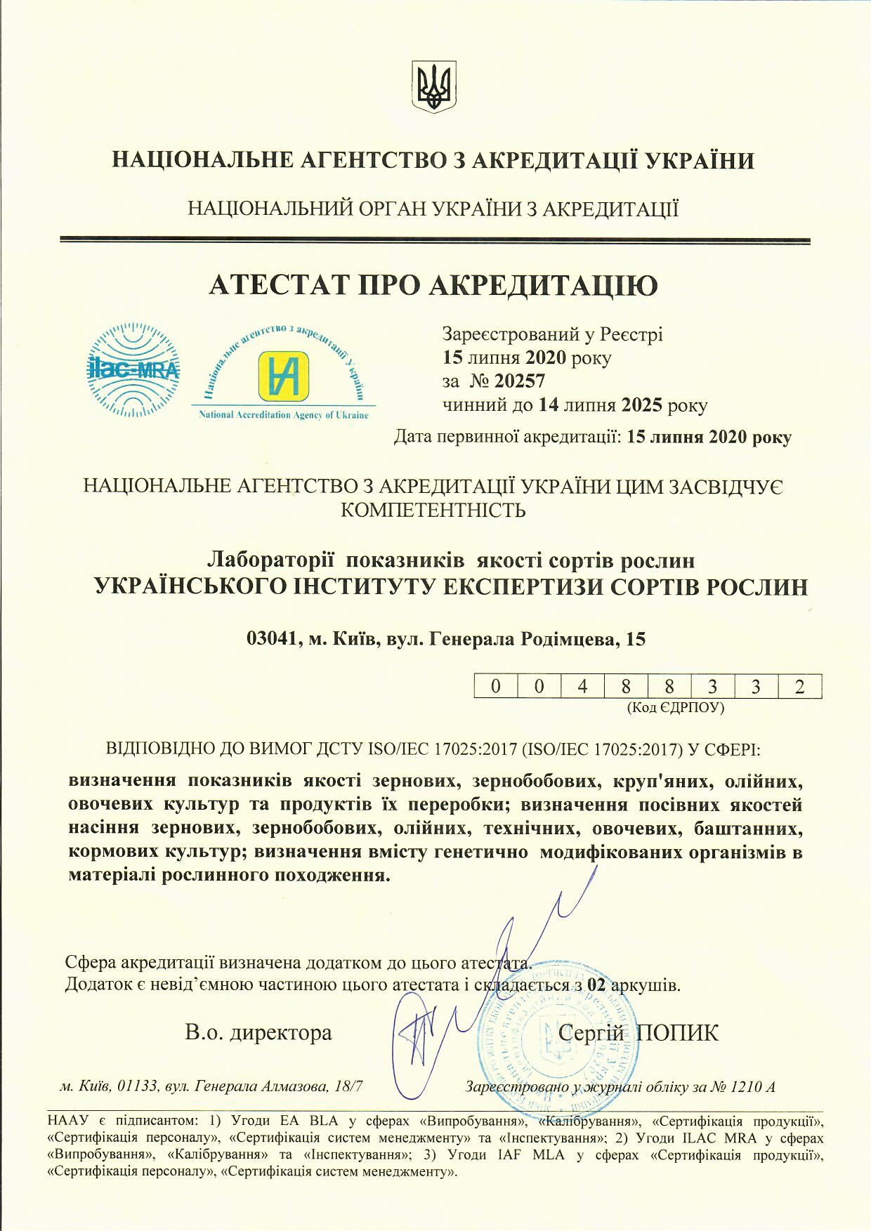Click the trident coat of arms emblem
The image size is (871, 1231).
435,86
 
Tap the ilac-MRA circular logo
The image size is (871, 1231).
133,370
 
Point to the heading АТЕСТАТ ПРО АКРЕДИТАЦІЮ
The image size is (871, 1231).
434,285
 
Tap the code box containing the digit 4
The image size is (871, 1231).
582,686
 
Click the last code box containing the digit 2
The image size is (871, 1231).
799,686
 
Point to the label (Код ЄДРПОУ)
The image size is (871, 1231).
675,707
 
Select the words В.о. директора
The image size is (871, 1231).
258,1032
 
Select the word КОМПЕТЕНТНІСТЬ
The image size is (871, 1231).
433,509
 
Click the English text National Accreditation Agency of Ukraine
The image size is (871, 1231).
284,415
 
